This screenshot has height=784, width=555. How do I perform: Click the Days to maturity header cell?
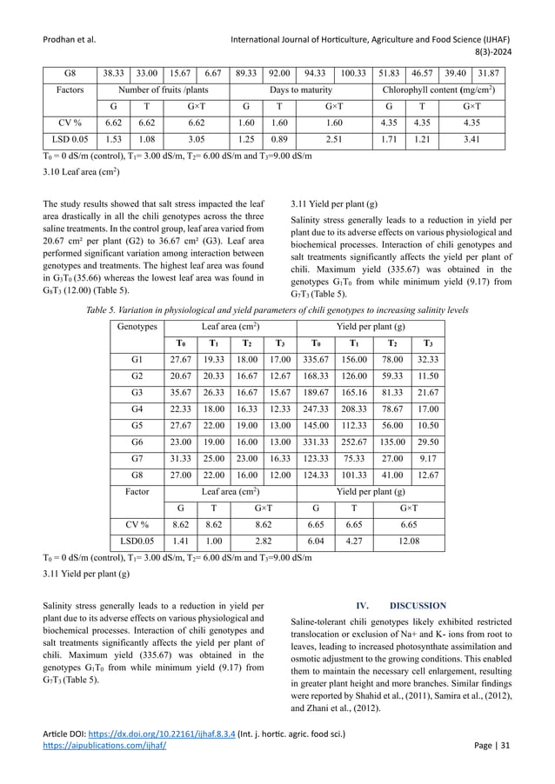(301, 90)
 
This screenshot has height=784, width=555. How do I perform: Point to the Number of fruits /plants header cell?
(164, 90)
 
